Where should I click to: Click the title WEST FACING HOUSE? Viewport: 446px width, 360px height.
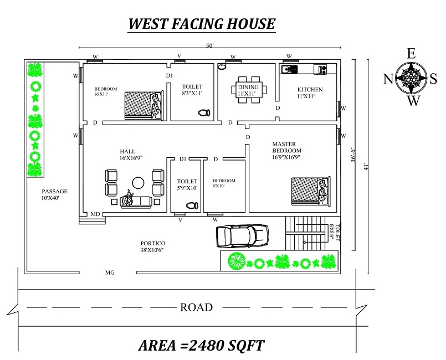coord(202,24)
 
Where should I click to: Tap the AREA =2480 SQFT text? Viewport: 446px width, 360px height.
coord(201,346)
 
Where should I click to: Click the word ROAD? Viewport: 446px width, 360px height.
coord(196,307)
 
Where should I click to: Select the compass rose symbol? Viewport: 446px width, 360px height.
coord(412,78)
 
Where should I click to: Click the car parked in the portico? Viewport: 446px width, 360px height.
coord(242,236)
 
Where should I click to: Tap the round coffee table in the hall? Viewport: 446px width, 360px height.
coord(137,182)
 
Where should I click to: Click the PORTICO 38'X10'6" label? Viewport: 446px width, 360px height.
coord(153,246)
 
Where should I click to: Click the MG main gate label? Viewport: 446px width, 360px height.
coord(110,272)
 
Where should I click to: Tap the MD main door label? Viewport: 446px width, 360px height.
coord(95,214)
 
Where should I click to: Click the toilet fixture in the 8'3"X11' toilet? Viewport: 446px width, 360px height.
coord(204,112)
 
